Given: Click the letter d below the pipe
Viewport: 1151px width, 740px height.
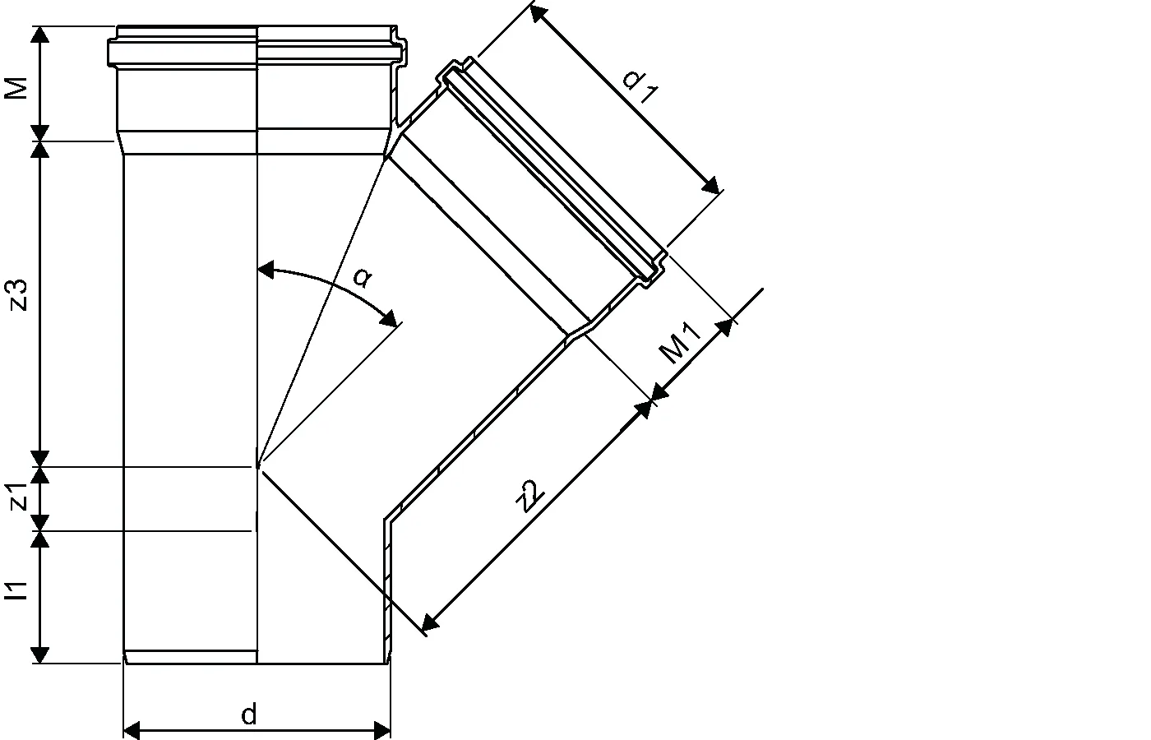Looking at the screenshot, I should click(249, 715).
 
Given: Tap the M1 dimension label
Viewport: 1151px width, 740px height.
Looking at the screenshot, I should click(681, 344).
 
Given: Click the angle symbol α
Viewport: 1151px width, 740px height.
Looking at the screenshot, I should click(362, 277).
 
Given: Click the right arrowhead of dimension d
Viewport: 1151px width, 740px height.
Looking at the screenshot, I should click(382, 729).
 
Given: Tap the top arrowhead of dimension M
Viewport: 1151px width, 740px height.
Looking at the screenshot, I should click(40, 35).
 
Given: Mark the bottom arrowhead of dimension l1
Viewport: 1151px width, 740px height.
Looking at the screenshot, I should click(40, 654).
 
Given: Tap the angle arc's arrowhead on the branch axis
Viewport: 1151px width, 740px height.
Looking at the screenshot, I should click(391, 319).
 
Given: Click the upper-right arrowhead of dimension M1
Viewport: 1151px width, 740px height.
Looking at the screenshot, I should click(726, 326).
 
